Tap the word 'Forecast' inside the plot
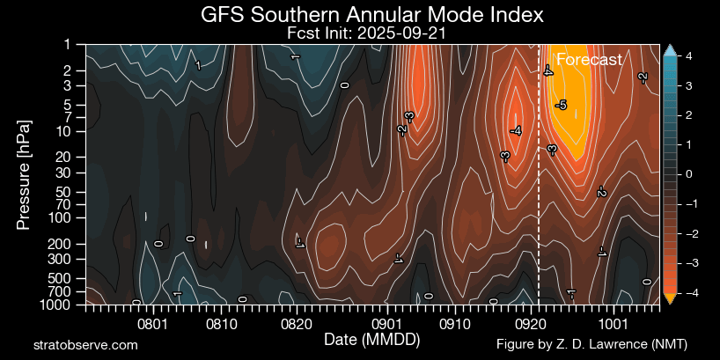(589, 60)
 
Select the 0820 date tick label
(297, 323)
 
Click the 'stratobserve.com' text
(85, 345)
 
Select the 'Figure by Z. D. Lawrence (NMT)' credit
(591, 344)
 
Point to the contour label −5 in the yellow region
(561, 106)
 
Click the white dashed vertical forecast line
(539, 220)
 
